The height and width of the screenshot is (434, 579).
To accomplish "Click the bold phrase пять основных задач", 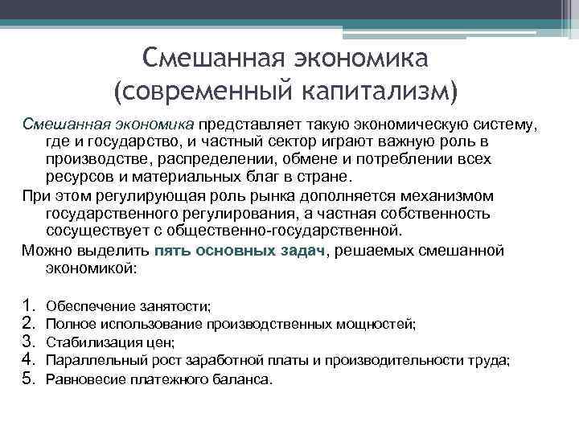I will (x=240, y=250).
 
